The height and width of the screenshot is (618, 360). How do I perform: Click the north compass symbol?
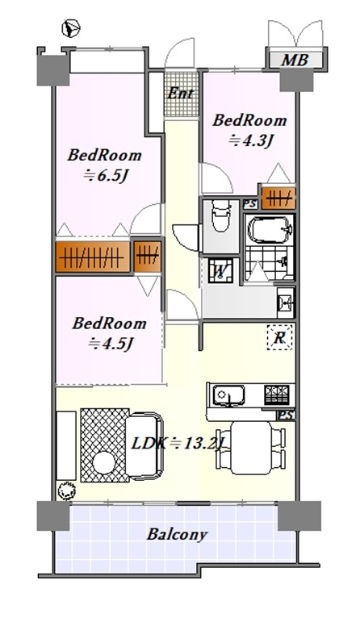tap(70, 28)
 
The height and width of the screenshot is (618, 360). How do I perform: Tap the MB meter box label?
tap(294, 60)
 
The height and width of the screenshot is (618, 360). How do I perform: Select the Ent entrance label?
tap(181, 94)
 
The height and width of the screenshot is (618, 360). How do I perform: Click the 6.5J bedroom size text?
tap(106, 176)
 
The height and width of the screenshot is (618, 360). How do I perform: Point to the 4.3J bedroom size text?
tap(251, 140)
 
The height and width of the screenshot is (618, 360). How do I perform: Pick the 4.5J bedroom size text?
tap(110, 344)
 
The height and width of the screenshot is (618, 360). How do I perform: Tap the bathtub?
tap(270, 230)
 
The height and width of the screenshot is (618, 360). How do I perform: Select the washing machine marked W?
tap(220, 271)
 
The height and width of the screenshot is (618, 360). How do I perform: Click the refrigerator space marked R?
tap(280, 337)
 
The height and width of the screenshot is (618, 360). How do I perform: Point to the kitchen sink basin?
tap(228, 395)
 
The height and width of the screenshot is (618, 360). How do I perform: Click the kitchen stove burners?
tap(277, 395)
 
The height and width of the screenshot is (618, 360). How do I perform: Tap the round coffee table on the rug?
tap(103, 462)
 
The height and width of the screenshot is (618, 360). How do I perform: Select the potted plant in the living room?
tap(66, 491)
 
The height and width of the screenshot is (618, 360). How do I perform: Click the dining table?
tap(251, 448)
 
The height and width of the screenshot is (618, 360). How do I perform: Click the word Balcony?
tap(177, 535)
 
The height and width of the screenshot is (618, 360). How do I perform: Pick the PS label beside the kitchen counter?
tap(287, 415)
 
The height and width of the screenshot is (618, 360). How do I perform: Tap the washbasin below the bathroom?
tap(285, 303)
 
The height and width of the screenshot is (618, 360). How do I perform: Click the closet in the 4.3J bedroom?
tap(278, 198)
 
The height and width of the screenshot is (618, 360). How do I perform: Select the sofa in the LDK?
tap(144, 446)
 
